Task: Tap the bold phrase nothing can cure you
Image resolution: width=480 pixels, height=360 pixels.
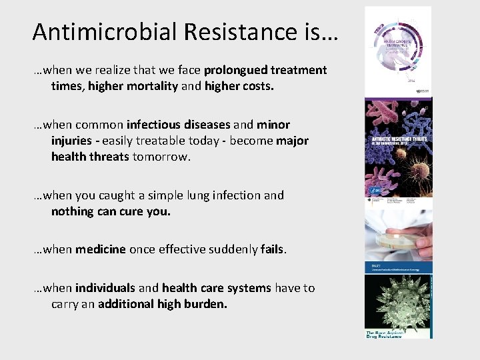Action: (111, 211)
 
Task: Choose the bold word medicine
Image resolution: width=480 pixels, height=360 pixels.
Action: (100, 249)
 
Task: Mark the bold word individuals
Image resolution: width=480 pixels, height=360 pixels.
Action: (105, 288)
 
